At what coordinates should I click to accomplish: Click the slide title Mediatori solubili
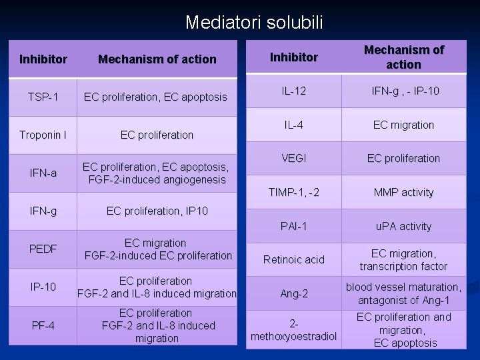click(254, 23)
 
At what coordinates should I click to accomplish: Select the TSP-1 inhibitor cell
click(43, 97)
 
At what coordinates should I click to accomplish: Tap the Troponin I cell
click(43, 135)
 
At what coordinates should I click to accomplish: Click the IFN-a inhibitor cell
click(43, 173)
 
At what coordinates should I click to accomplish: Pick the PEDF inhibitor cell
click(43, 249)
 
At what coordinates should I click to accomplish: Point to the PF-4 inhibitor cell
click(43, 325)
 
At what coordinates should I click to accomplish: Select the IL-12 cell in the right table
click(294, 91)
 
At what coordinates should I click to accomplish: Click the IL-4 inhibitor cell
click(294, 125)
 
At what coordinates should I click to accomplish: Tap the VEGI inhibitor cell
click(294, 159)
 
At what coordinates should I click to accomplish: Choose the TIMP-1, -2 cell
click(294, 193)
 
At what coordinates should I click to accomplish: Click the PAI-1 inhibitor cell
click(294, 226)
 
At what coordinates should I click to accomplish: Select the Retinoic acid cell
click(294, 259)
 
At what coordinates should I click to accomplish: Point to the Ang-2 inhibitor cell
click(294, 293)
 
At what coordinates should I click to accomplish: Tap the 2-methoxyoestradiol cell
click(294, 329)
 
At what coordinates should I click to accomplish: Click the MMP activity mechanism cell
click(403, 193)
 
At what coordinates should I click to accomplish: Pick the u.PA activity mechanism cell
click(403, 226)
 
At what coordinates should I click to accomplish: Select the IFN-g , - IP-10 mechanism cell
click(403, 91)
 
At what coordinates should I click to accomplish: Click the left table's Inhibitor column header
click(43, 59)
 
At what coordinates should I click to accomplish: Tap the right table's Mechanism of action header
click(403, 57)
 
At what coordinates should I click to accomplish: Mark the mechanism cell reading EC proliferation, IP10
click(157, 211)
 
